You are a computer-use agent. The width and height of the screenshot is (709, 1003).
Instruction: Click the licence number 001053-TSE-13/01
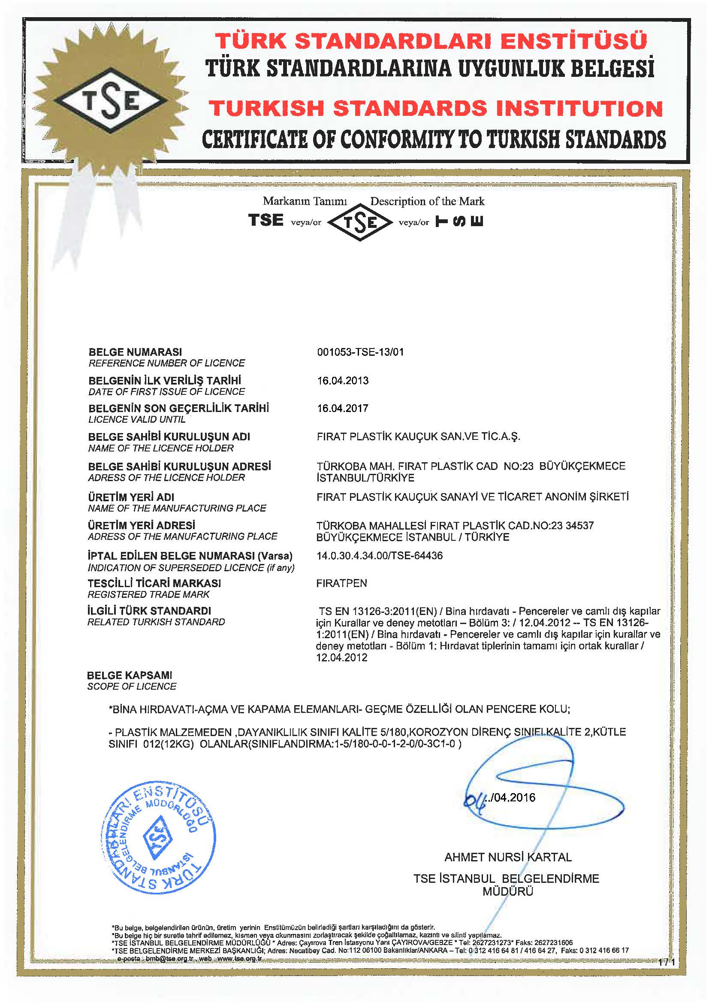point(360,352)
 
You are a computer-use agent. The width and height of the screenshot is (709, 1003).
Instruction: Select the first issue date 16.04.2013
point(343,381)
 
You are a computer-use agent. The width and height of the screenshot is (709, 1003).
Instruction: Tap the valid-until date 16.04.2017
point(343,409)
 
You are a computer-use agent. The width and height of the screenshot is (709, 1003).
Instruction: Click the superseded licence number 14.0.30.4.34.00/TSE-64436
point(380,556)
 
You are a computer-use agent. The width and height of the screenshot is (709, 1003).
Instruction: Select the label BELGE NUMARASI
point(136,352)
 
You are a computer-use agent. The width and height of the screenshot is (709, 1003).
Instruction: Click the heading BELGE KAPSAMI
point(130,676)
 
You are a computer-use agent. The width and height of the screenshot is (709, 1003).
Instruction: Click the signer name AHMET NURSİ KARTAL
point(508,858)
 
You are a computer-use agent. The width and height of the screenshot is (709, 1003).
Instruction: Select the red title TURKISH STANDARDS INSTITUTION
point(435,108)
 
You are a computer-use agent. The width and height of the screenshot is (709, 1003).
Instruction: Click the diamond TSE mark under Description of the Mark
point(360,223)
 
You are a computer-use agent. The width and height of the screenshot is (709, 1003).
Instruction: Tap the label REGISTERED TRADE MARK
point(148,594)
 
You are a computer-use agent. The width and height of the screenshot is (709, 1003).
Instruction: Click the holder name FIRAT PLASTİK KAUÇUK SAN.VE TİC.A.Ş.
point(418,436)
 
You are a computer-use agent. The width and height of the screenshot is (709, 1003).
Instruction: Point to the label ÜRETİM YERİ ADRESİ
point(142,525)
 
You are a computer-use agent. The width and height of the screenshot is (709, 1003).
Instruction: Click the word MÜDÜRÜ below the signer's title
point(507,891)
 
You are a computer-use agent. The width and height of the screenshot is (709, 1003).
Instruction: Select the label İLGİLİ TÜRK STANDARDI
point(149,611)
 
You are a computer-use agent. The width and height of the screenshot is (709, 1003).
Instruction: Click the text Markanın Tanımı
point(305,201)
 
